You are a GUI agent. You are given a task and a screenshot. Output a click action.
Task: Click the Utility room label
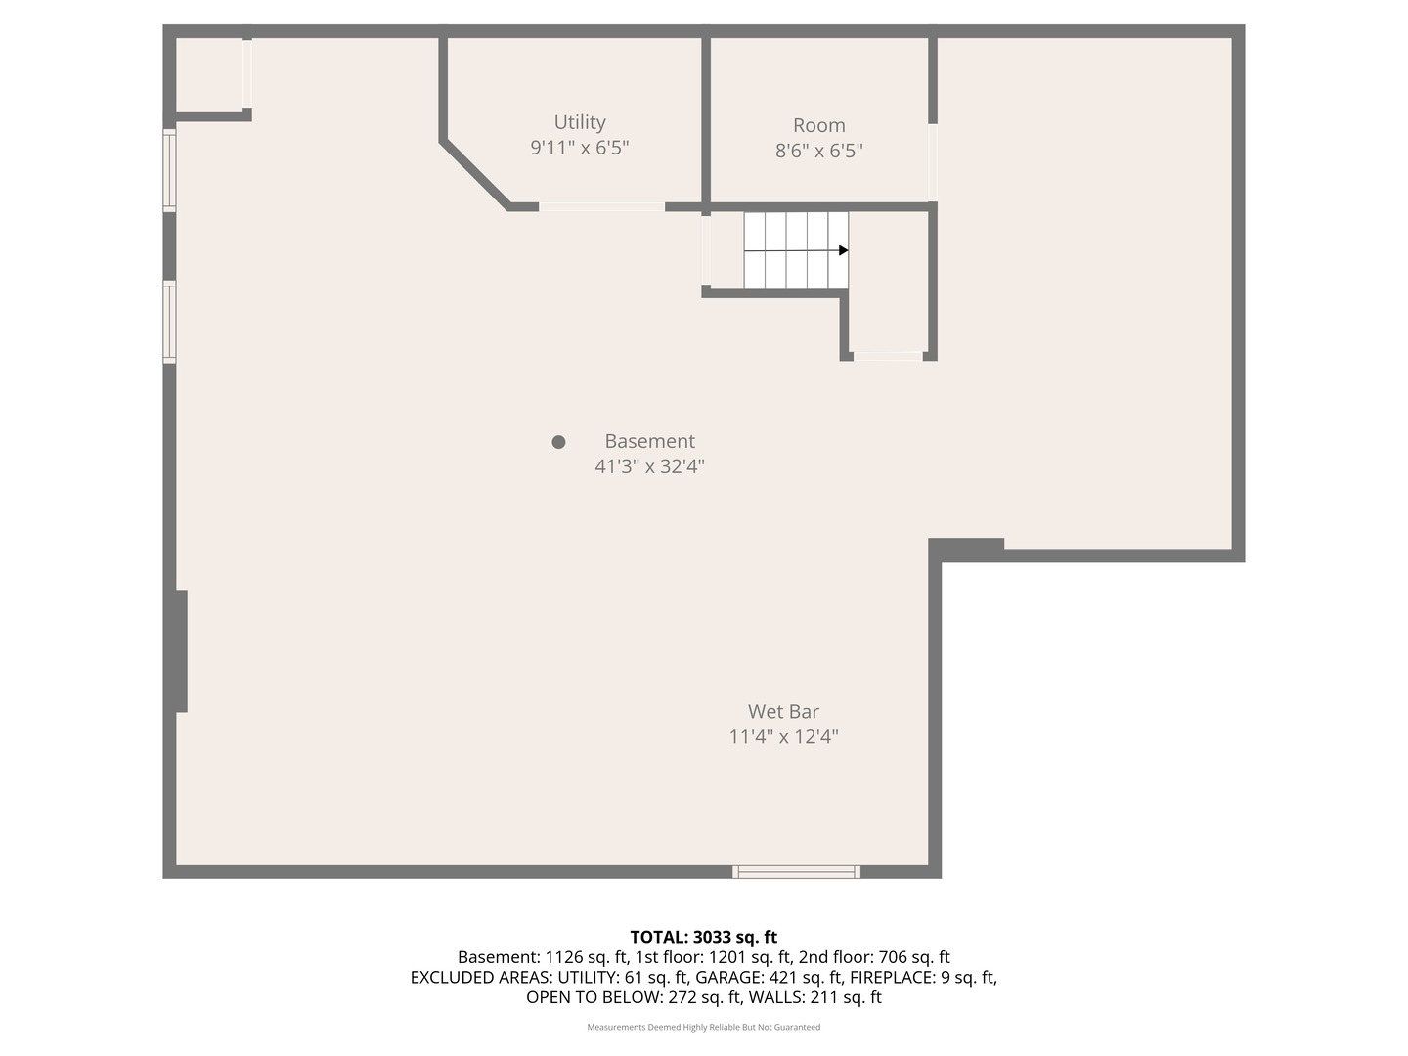pyautogui.click(x=579, y=122)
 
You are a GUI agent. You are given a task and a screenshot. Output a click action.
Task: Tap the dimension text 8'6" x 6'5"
pyautogui.click(x=818, y=151)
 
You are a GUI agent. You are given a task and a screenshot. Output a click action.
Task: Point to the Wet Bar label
pyautogui.click(x=783, y=711)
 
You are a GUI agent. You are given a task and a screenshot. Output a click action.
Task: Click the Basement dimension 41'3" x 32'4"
pyautogui.click(x=649, y=466)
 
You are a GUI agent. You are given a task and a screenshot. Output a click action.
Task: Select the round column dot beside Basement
pyautogui.click(x=558, y=442)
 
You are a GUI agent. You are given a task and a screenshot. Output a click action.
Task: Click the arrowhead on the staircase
pyautogui.click(x=844, y=250)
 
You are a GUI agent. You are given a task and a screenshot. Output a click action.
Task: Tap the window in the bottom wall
pyautogui.click(x=796, y=871)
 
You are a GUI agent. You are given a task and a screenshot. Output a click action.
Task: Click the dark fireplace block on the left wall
pyautogui.click(x=182, y=651)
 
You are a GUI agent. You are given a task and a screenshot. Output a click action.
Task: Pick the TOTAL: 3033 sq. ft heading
pyautogui.click(x=704, y=938)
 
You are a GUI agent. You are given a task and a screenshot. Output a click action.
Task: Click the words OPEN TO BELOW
pyautogui.click(x=594, y=997)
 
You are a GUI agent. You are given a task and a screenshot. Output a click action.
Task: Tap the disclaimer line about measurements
pyautogui.click(x=704, y=1027)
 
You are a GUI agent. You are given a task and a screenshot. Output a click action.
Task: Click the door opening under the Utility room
pyautogui.click(x=601, y=207)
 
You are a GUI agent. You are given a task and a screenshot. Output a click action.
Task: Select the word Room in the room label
pyautogui.click(x=818, y=125)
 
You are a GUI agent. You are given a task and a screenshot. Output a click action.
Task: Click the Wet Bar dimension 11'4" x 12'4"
pyautogui.click(x=783, y=736)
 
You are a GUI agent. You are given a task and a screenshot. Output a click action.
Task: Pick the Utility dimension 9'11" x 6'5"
pyautogui.click(x=579, y=148)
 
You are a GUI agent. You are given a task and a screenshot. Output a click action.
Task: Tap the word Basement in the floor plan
pyautogui.click(x=649, y=441)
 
